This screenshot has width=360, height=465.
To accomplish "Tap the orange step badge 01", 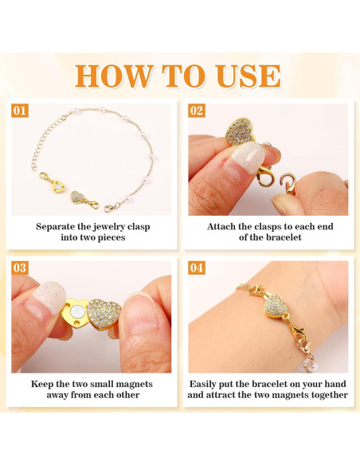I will click(20, 111).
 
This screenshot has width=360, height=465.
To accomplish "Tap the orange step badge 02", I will click(197, 111).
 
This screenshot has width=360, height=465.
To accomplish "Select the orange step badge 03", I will click(20, 268).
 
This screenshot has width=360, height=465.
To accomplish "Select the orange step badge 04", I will click(197, 268).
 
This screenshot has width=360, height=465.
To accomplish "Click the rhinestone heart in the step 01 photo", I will click(77, 196).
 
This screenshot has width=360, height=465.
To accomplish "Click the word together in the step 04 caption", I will click(326, 395).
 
